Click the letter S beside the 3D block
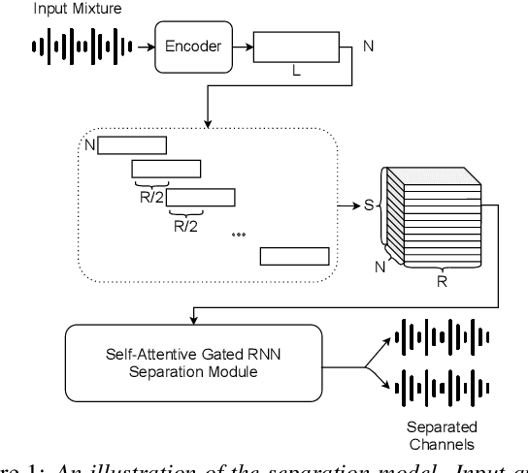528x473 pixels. (x=368, y=205)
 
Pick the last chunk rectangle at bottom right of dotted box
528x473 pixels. (x=295, y=256)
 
